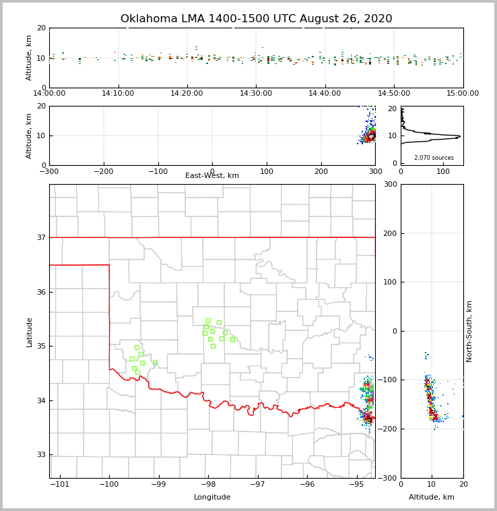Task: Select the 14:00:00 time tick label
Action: click(x=49, y=94)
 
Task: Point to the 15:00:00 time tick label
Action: click(x=463, y=94)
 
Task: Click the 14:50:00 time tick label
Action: click(x=394, y=94)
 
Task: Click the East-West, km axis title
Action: click(x=212, y=176)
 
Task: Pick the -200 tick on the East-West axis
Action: click(x=103, y=171)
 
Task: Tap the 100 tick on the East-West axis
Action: click(x=267, y=171)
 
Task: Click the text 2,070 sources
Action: click(x=434, y=158)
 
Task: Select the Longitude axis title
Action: click(x=212, y=498)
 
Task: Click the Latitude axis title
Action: click(x=30, y=332)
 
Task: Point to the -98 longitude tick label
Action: click(x=207, y=485)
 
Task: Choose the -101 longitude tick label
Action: click(x=59, y=485)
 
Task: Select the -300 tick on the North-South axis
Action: click(x=388, y=478)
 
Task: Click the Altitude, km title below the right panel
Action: click(x=432, y=498)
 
